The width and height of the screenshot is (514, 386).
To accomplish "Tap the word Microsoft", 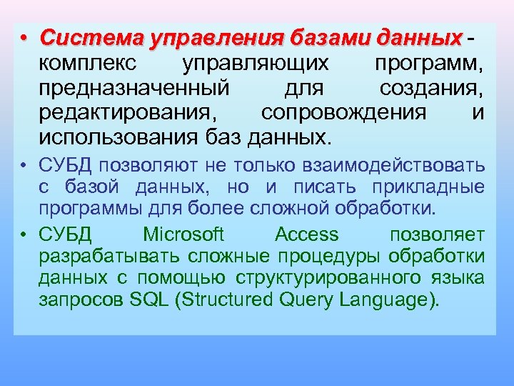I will [183, 234].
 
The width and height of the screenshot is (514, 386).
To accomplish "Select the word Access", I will [307, 234].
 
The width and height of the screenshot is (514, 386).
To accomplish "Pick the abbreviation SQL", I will [148, 300].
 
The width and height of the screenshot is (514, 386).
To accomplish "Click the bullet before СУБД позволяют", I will [24, 167].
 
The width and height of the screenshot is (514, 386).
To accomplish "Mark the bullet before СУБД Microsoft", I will [24, 235].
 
